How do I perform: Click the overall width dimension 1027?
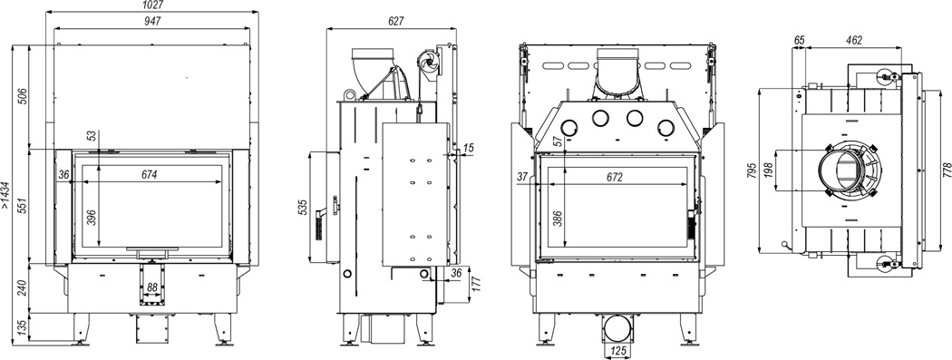click(x=153, y=5)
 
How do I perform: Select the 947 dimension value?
click(x=152, y=21)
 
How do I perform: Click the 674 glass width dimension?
click(x=150, y=175)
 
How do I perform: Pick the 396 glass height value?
click(x=92, y=217)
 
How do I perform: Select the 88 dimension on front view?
click(x=152, y=287)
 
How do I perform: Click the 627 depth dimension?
click(x=395, y=21)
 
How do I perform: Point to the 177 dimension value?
click(x=476, y=283)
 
